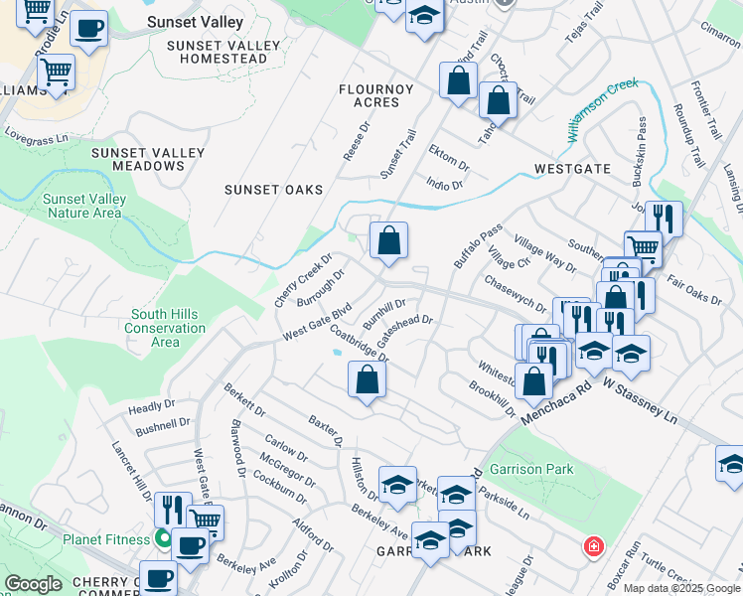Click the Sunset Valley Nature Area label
[x=84, y=206]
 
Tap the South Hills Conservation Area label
[x=166, y=328]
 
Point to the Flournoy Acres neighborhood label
[x=375, y=95]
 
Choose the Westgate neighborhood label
[x=572, y=169]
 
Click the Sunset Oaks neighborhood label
[x=274, y=190]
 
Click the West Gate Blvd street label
[x=318, y=322]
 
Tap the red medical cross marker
[x=593, y=546]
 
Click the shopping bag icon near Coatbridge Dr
[x=367, y=379]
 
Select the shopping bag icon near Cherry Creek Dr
[x=388, y=240]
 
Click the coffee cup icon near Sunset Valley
[x=89, y=31]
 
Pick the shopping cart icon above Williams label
[x=56, y=72]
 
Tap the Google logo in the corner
[x=33, y=584]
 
